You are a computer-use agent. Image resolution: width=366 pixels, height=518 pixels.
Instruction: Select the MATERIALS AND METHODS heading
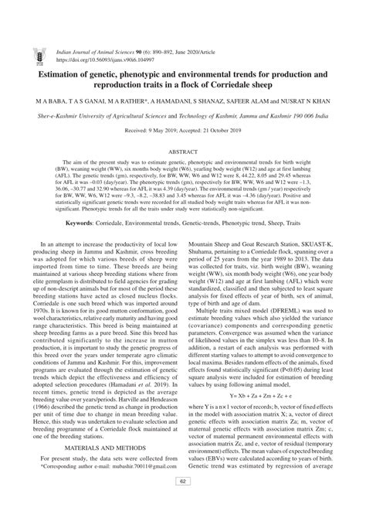[x=98, y=448]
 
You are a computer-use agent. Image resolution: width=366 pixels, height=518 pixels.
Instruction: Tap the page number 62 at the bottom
[x=183, y=503]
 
